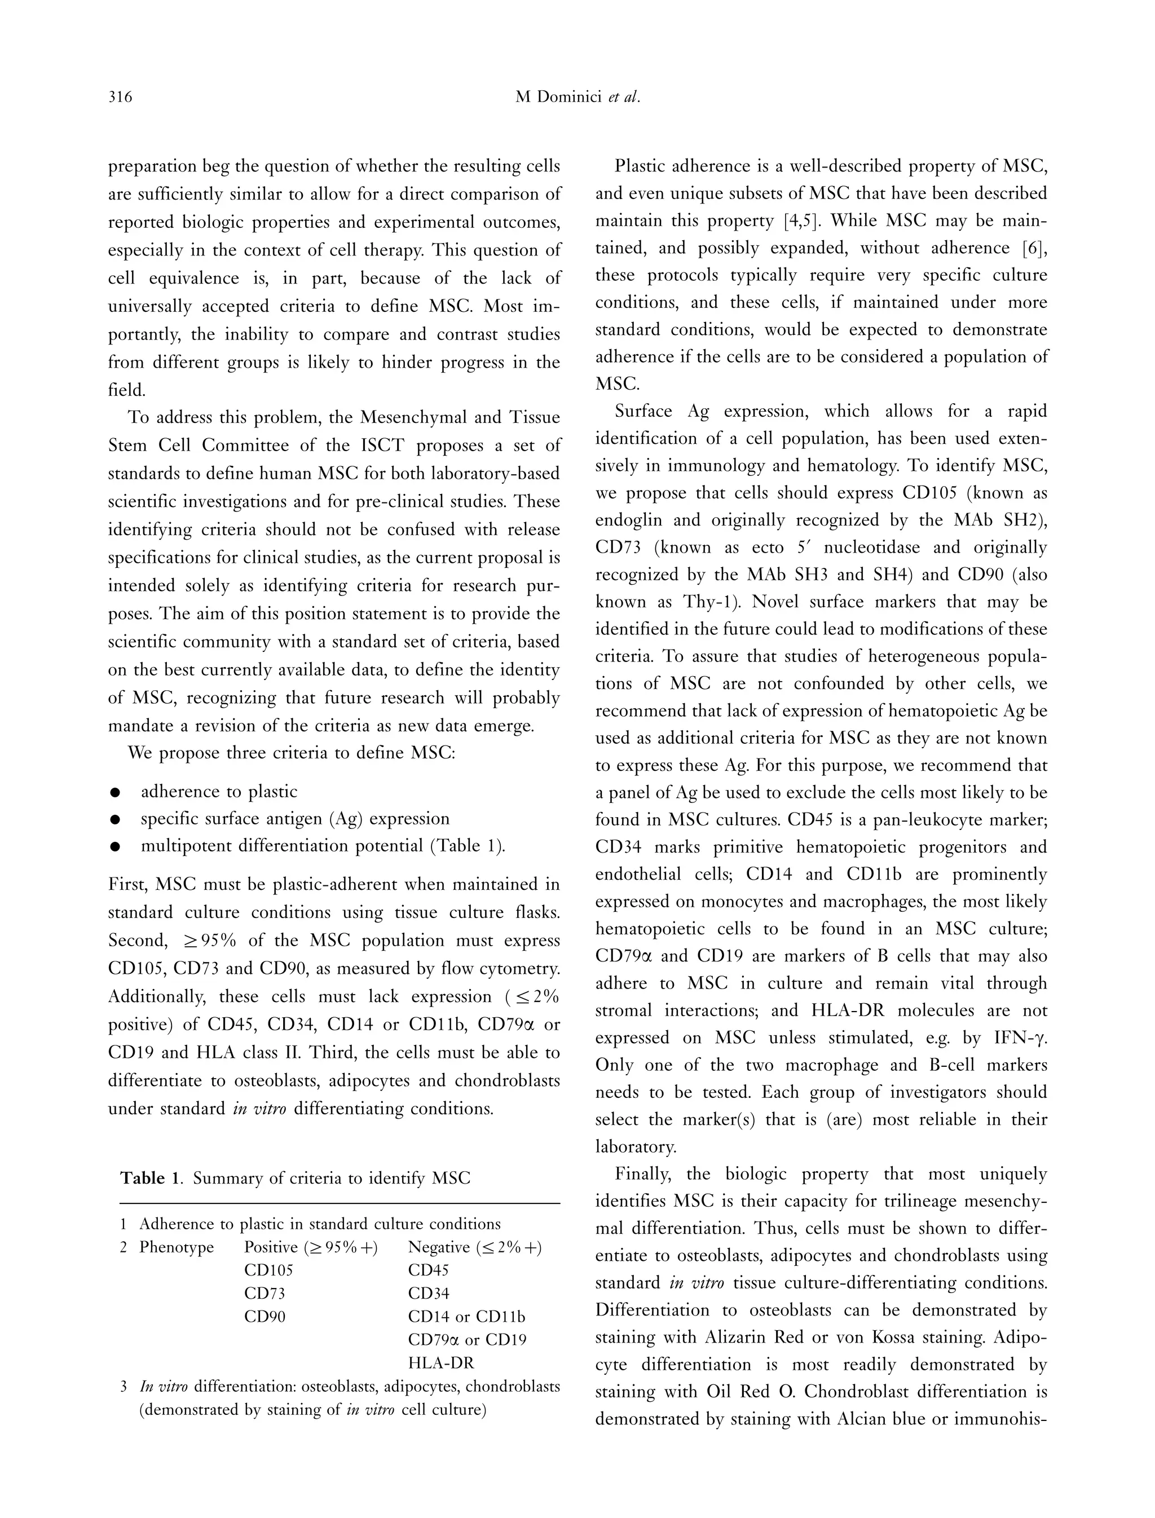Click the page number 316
pos(120,98)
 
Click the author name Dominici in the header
pos(568,98)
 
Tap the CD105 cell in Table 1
pos(269,1270)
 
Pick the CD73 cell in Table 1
pos(264,1293)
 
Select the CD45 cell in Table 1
pos(428,1270)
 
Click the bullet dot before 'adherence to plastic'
pos(116,793)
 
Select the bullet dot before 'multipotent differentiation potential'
pos(116,848)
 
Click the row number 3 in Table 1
pos(124,1387)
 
